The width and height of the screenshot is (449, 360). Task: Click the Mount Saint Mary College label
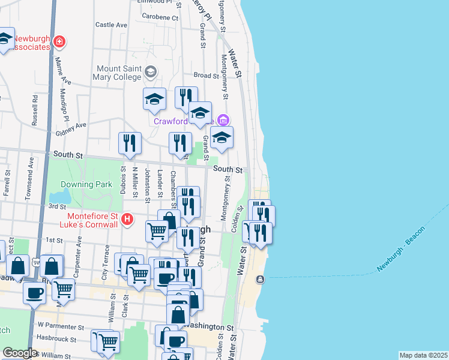pos(118,73)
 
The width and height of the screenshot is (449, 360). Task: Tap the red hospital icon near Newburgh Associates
pos(60,41)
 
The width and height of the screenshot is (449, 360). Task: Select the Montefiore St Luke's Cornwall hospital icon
pos(127,220)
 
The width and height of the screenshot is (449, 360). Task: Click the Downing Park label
pos(85,184)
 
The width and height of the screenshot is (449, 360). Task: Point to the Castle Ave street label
pos(112,25)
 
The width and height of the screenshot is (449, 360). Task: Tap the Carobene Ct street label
pos(158,18)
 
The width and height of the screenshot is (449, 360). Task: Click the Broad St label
pos(206,76)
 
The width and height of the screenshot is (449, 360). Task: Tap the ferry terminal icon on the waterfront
pos(260,280)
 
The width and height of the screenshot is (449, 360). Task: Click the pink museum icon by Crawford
pos(223,120)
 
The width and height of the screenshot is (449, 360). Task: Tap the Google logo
pos(20,353)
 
